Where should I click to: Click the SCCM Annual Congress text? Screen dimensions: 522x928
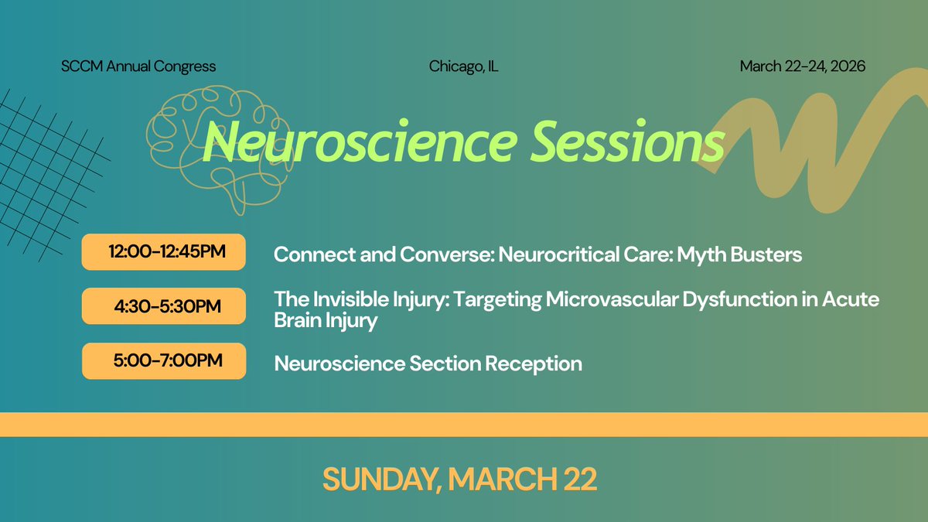point(138,67)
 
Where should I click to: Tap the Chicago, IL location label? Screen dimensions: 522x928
point(463,67)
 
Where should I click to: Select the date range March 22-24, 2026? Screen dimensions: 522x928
point(802,67)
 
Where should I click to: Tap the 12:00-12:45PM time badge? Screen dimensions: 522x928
point(163,252)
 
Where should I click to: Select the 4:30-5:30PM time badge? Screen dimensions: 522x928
point(163,306)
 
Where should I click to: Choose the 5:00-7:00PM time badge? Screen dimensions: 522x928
point(163,361)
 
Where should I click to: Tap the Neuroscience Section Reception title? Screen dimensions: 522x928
point(428,363)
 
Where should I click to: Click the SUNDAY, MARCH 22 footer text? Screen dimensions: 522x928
point(459,479)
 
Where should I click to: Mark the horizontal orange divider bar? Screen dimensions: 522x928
point(464,425)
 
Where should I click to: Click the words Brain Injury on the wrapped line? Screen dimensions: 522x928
point(326,321)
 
